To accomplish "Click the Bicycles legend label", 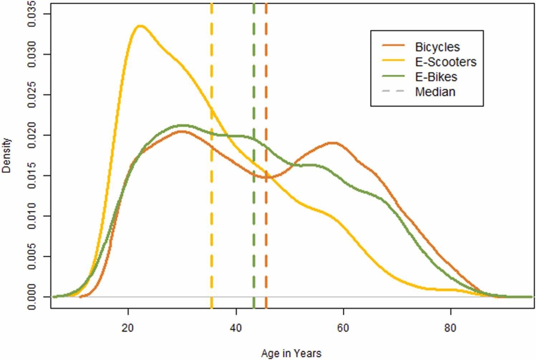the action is (x=438, y=47).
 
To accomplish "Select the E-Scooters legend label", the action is (x=446, y=62).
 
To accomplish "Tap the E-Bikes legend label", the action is (x=436, y=77).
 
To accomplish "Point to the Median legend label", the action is (x=435, y=92).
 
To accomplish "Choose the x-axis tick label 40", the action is (x=236, y=328).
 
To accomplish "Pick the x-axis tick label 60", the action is (x=343, y=328).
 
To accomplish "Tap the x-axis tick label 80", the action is (x=450, y=328).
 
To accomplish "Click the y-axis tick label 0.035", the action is (x=32, y=14).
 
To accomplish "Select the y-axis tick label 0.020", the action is (x=32, y=135).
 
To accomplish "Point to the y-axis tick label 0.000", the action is (x=32, y=297).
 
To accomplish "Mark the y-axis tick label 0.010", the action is (x=32, y=216).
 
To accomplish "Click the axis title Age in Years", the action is (x=291, y=353).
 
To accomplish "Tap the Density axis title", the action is (x=6, y=155).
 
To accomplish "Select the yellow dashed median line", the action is (x=212, y=155).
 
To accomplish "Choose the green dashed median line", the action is (x=254, y=155).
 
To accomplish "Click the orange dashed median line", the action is (x=266, y=155).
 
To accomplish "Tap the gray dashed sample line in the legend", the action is (x=393, y=91).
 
